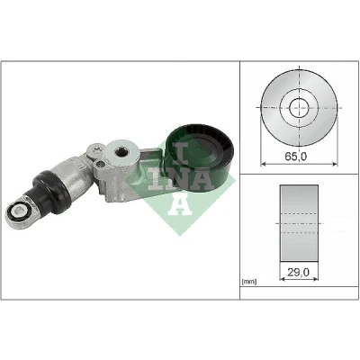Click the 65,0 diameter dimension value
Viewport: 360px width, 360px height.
point(295,157)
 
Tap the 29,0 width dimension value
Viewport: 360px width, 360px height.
point(298,272)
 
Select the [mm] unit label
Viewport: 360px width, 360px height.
point(249,282)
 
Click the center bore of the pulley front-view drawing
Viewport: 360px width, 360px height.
point(299,107)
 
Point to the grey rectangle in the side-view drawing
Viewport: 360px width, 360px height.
point(299,223)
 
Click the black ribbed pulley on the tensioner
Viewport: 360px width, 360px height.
point(198,157)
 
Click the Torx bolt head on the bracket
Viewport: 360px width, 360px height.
point(96,149)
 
